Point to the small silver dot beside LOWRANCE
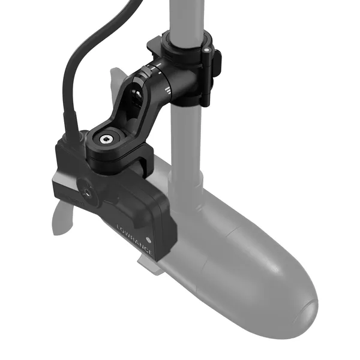[157, 231]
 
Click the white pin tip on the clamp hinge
[206, 52]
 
